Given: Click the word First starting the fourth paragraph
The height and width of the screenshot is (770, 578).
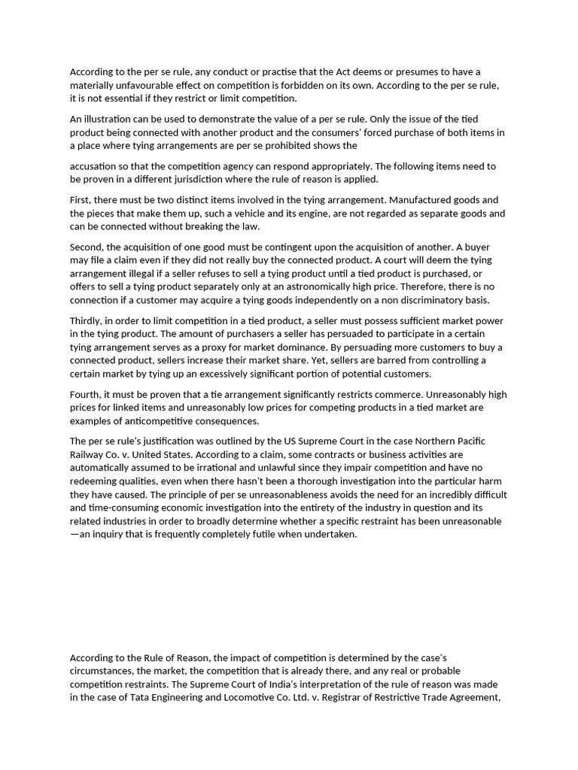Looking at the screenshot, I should click(80, 200).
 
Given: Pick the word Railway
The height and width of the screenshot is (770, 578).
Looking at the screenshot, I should click(88, 454).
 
